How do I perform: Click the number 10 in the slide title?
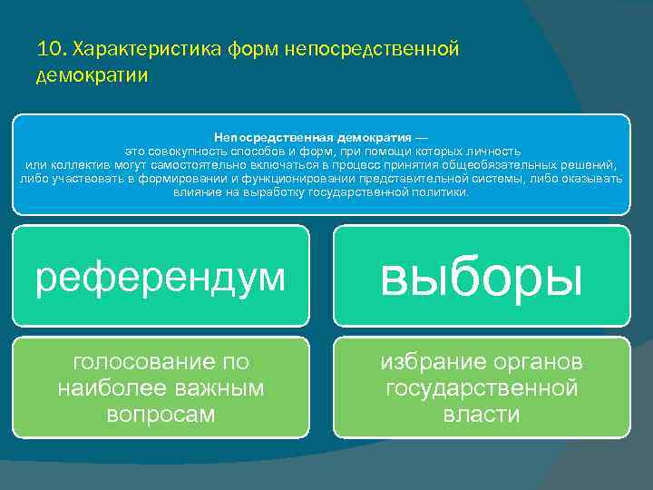click(x=49, y=48)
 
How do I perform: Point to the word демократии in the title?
click(x=92, y=74)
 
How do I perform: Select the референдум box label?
click(x=160, y=278)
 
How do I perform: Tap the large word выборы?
click(x=481, y=276)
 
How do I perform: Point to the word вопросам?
click(x=161, y=415)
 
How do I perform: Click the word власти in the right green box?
click(x=481, y=415)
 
